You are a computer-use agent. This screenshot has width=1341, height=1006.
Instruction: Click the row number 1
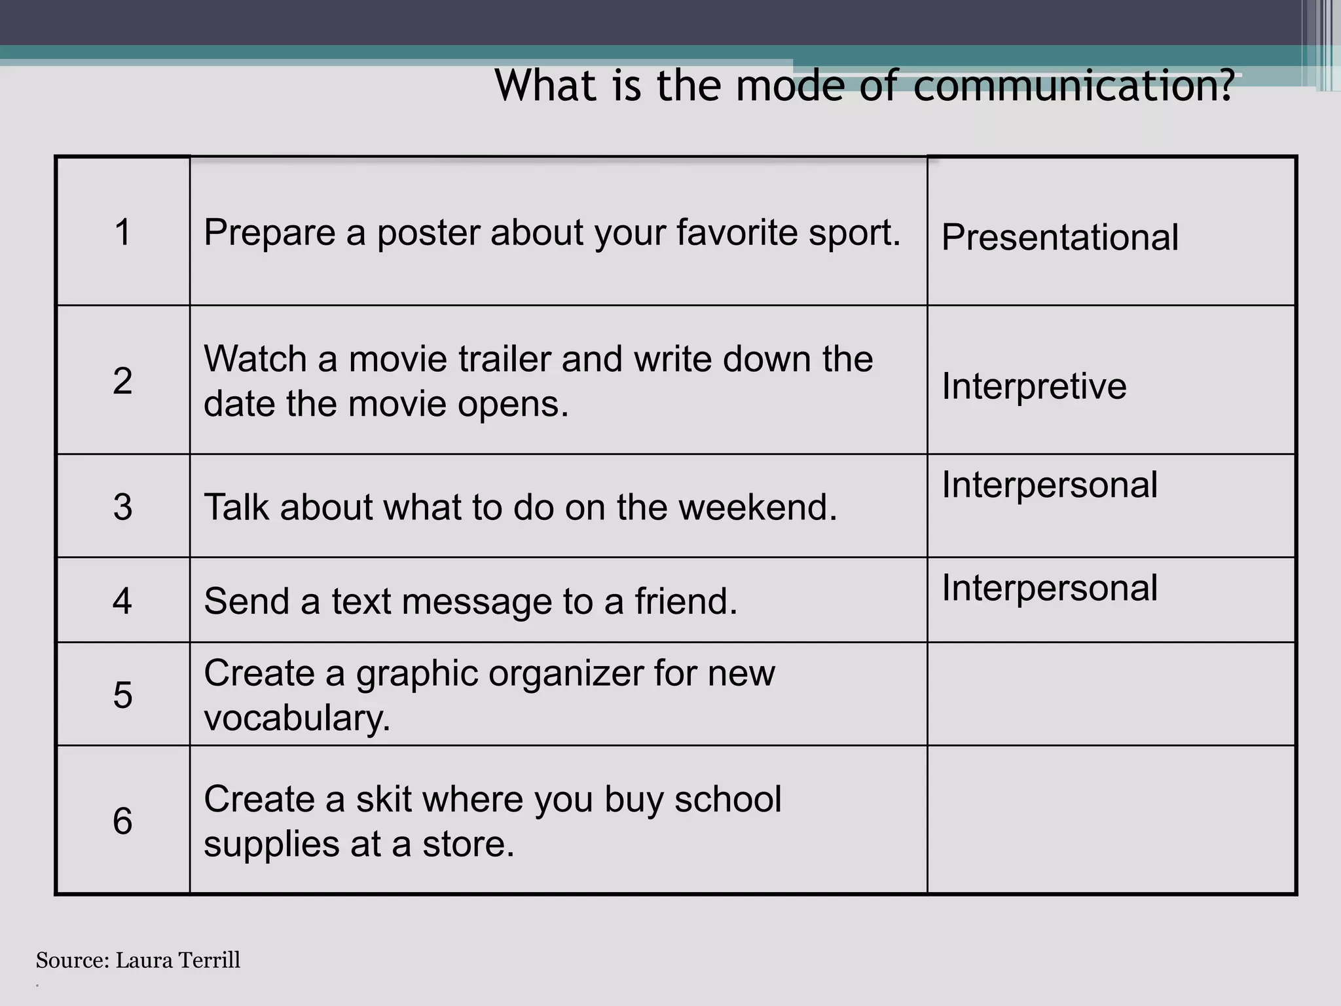(122, 233)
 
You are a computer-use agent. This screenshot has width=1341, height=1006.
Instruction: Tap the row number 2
(122, 381)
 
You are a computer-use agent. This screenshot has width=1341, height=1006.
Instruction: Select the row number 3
(122, 507)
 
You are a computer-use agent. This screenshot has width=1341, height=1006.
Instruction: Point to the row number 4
(122, 601)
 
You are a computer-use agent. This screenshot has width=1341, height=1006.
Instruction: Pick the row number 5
(122, 695)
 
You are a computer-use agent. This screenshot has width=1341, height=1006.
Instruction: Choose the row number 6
(122, 821)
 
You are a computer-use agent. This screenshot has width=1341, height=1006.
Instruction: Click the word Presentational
(1059, 237)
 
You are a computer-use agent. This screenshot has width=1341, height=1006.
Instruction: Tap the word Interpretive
(1034, 386)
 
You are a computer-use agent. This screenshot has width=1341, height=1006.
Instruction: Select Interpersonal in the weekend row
(1050, 485)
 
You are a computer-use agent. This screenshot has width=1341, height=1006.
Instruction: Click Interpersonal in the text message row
(1050, 588)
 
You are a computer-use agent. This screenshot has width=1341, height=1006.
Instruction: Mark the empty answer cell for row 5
(1111, 694)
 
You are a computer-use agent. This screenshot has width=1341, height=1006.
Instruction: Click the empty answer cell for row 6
(1111, 820)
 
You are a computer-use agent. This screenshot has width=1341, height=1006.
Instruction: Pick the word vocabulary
(297, 719)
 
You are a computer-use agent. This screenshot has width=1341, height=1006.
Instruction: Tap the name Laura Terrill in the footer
(178, 961)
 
